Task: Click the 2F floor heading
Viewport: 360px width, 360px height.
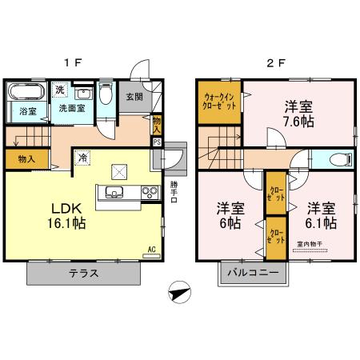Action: click(x=274, y=61)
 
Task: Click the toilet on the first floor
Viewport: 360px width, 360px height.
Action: click(x=104, y=94)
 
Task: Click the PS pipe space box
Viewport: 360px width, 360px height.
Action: click(x=157, y=142)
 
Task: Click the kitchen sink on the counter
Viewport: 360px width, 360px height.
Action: click(x=113, y=191)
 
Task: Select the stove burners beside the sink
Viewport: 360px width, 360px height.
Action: click(x=149, y=191)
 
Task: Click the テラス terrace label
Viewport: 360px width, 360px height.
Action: click(x=82, y=274)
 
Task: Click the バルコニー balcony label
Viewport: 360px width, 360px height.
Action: click(x=250, y=274)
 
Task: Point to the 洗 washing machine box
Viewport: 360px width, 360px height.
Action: click(x=61, y=89)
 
